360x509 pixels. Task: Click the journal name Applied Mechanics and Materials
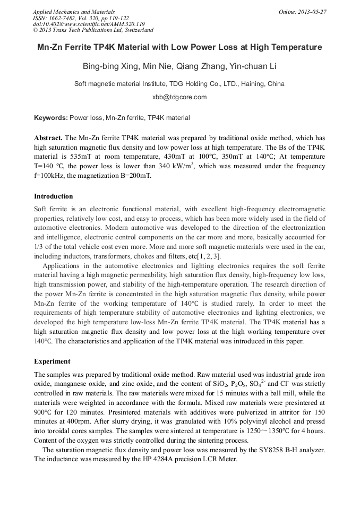pyautogui.click(x=74, y=12)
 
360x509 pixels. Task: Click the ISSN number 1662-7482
pyautogui.click(x=65, y=18)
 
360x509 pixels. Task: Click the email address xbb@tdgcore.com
pyautogui.click(x=179, y=97)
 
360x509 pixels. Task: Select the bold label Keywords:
pyautogui.click(x=51, y=118)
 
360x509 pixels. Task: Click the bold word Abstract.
pyautogui.click(x=48, y=137)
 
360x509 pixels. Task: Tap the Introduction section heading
pyautogui.click(x=54, y=196)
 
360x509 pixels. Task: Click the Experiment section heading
pyautogui.click(x=52, y=361)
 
